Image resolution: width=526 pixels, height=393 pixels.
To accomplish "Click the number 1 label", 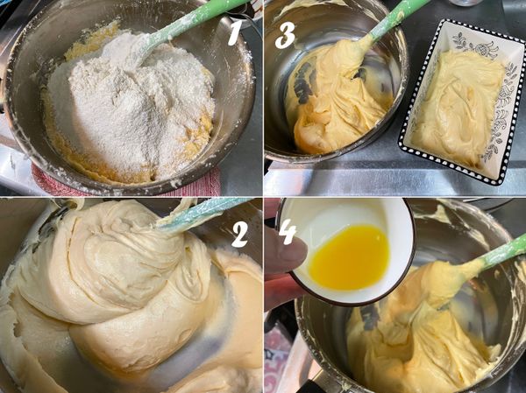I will coord(234,32).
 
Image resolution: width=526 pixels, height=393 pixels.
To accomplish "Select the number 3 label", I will coord(285,34).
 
